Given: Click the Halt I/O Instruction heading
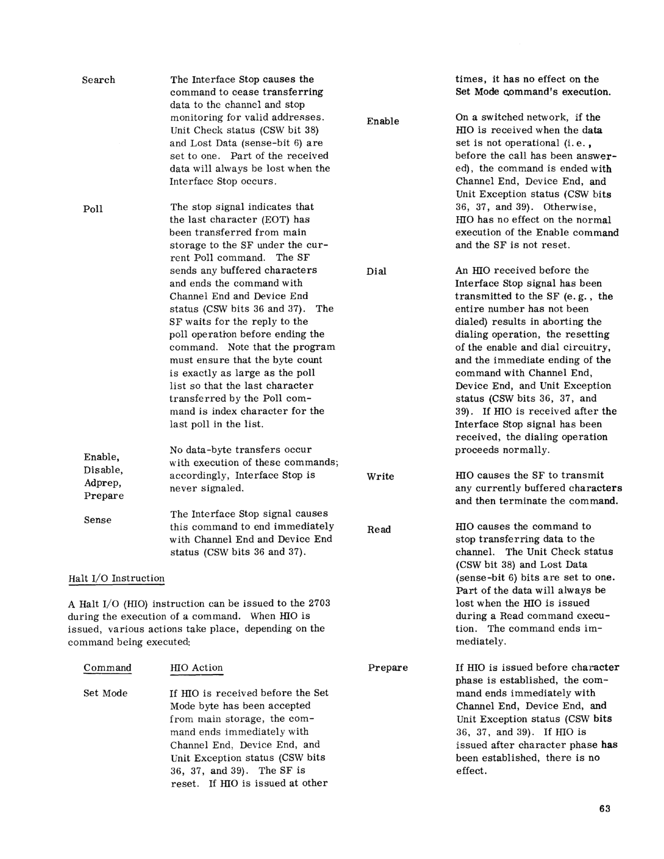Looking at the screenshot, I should point(116,578).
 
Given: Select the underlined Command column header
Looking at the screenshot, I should point(107,668).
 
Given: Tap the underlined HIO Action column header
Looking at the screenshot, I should point(197,668).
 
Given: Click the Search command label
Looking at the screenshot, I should point(99,80).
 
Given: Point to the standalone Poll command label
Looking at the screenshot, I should point(93,209).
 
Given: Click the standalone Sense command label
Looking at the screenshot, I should point(98,520).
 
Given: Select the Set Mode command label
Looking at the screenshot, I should point(105,693).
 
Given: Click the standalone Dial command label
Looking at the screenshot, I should point(376,272).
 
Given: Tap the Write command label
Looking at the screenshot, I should point(380,476).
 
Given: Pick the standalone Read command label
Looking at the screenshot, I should point(379,530).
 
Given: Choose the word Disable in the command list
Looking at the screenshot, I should point(103,470).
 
